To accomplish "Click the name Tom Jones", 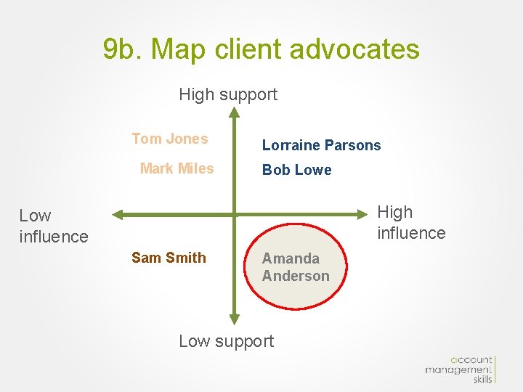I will point(169,139).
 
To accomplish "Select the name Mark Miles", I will point(177,168).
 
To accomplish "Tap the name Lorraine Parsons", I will point(321,145).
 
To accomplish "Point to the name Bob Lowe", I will point(296,170).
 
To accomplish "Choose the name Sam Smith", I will point(169,258).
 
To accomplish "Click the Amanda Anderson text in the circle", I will point(296,267).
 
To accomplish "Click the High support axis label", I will point(228,94).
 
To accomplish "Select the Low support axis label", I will point(227,341).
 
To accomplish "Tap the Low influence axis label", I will point(53,226).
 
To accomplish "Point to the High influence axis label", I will point(411,222).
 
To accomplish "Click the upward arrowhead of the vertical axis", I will point(234,113).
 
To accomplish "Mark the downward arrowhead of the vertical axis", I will point(234,319).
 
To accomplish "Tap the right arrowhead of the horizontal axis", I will point(368,214).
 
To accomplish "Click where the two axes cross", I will point(234,214).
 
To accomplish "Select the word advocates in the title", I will point(354,49).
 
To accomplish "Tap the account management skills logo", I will point(459,369).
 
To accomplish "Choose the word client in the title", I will point(249,49).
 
